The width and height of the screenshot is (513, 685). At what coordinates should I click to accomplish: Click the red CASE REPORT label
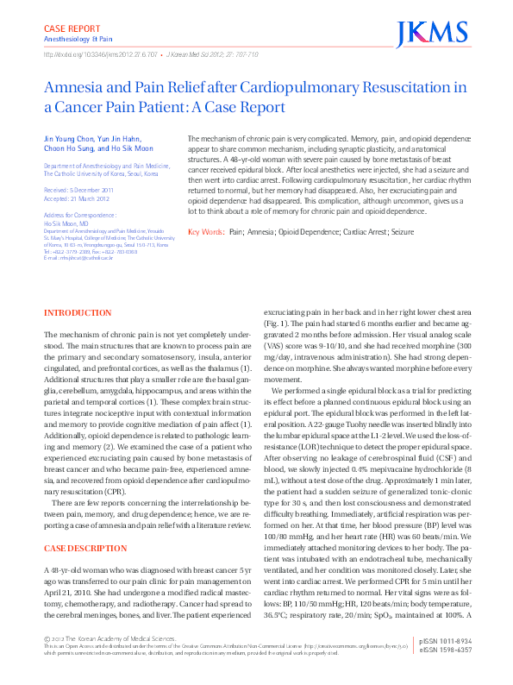click(x=72, y=28)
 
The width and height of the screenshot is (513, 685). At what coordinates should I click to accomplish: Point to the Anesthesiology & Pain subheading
click(x=78, y=39)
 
